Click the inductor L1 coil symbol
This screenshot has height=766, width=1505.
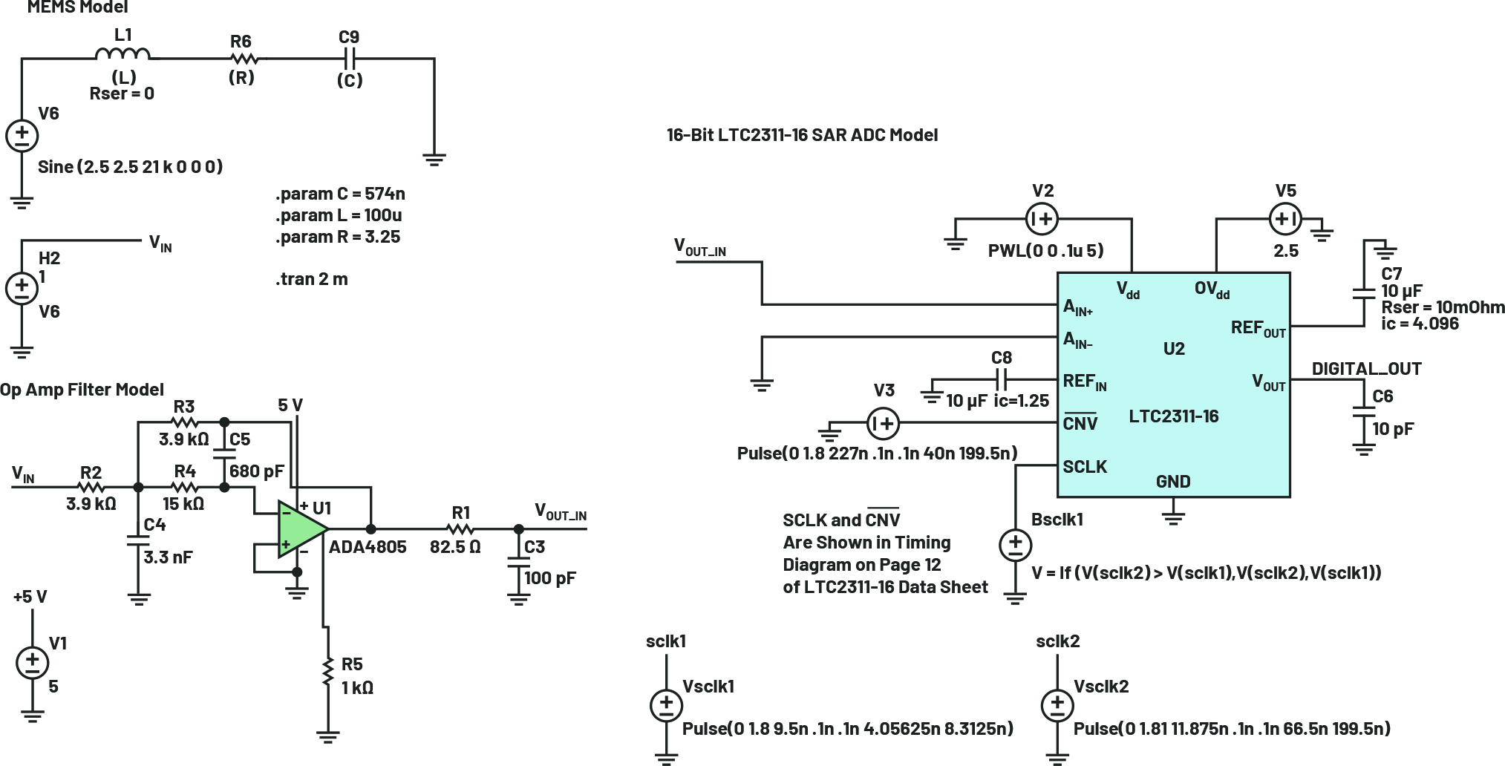pyautogui.click(x=123, y=53)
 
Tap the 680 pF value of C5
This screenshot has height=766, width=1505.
pyautogui.click(x=256, y=471)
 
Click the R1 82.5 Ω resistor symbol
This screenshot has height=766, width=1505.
pyautogui.click(x=460, y=529)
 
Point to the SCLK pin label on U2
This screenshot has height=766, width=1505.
pyautogui.click(x=1084, y=467)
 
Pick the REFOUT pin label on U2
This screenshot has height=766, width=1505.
pyautogui.click(x=1258, y=328)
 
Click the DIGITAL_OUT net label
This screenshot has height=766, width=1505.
pyautogui.click(x=1366, y=369)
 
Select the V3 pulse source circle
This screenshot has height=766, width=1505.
pyautogui.click(x=883, y=423)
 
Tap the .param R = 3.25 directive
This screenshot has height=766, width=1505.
pyautogui.click(x=338, y=237)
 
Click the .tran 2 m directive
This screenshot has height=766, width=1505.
pyautogui.click(x=311, y=279)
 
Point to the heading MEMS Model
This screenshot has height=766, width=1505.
pyautogui.click(x=77, y=7)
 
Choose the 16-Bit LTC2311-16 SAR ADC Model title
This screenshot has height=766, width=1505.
pyautogui.click(x=802, y=135)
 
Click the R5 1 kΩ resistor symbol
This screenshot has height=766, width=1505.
pyautogui.click(x=327, y=672)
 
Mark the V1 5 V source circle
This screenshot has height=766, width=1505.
pyautogui.click(x=32, y=662)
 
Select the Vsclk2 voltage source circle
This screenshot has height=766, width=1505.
pyautogui.click(x=1057, y=705)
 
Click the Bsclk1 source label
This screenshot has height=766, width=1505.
pyautogui.click(x=1057, y=520)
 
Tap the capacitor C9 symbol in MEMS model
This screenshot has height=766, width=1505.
pyautogui.click(x=350, y=58)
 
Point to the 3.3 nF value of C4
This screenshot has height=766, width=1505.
pyautogui.click(x=168, y=557)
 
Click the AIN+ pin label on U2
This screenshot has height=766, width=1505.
pyautogui.click(x=1077, y=307)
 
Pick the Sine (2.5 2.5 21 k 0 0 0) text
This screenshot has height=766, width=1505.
pyautogui.click(x=130, y=166)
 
